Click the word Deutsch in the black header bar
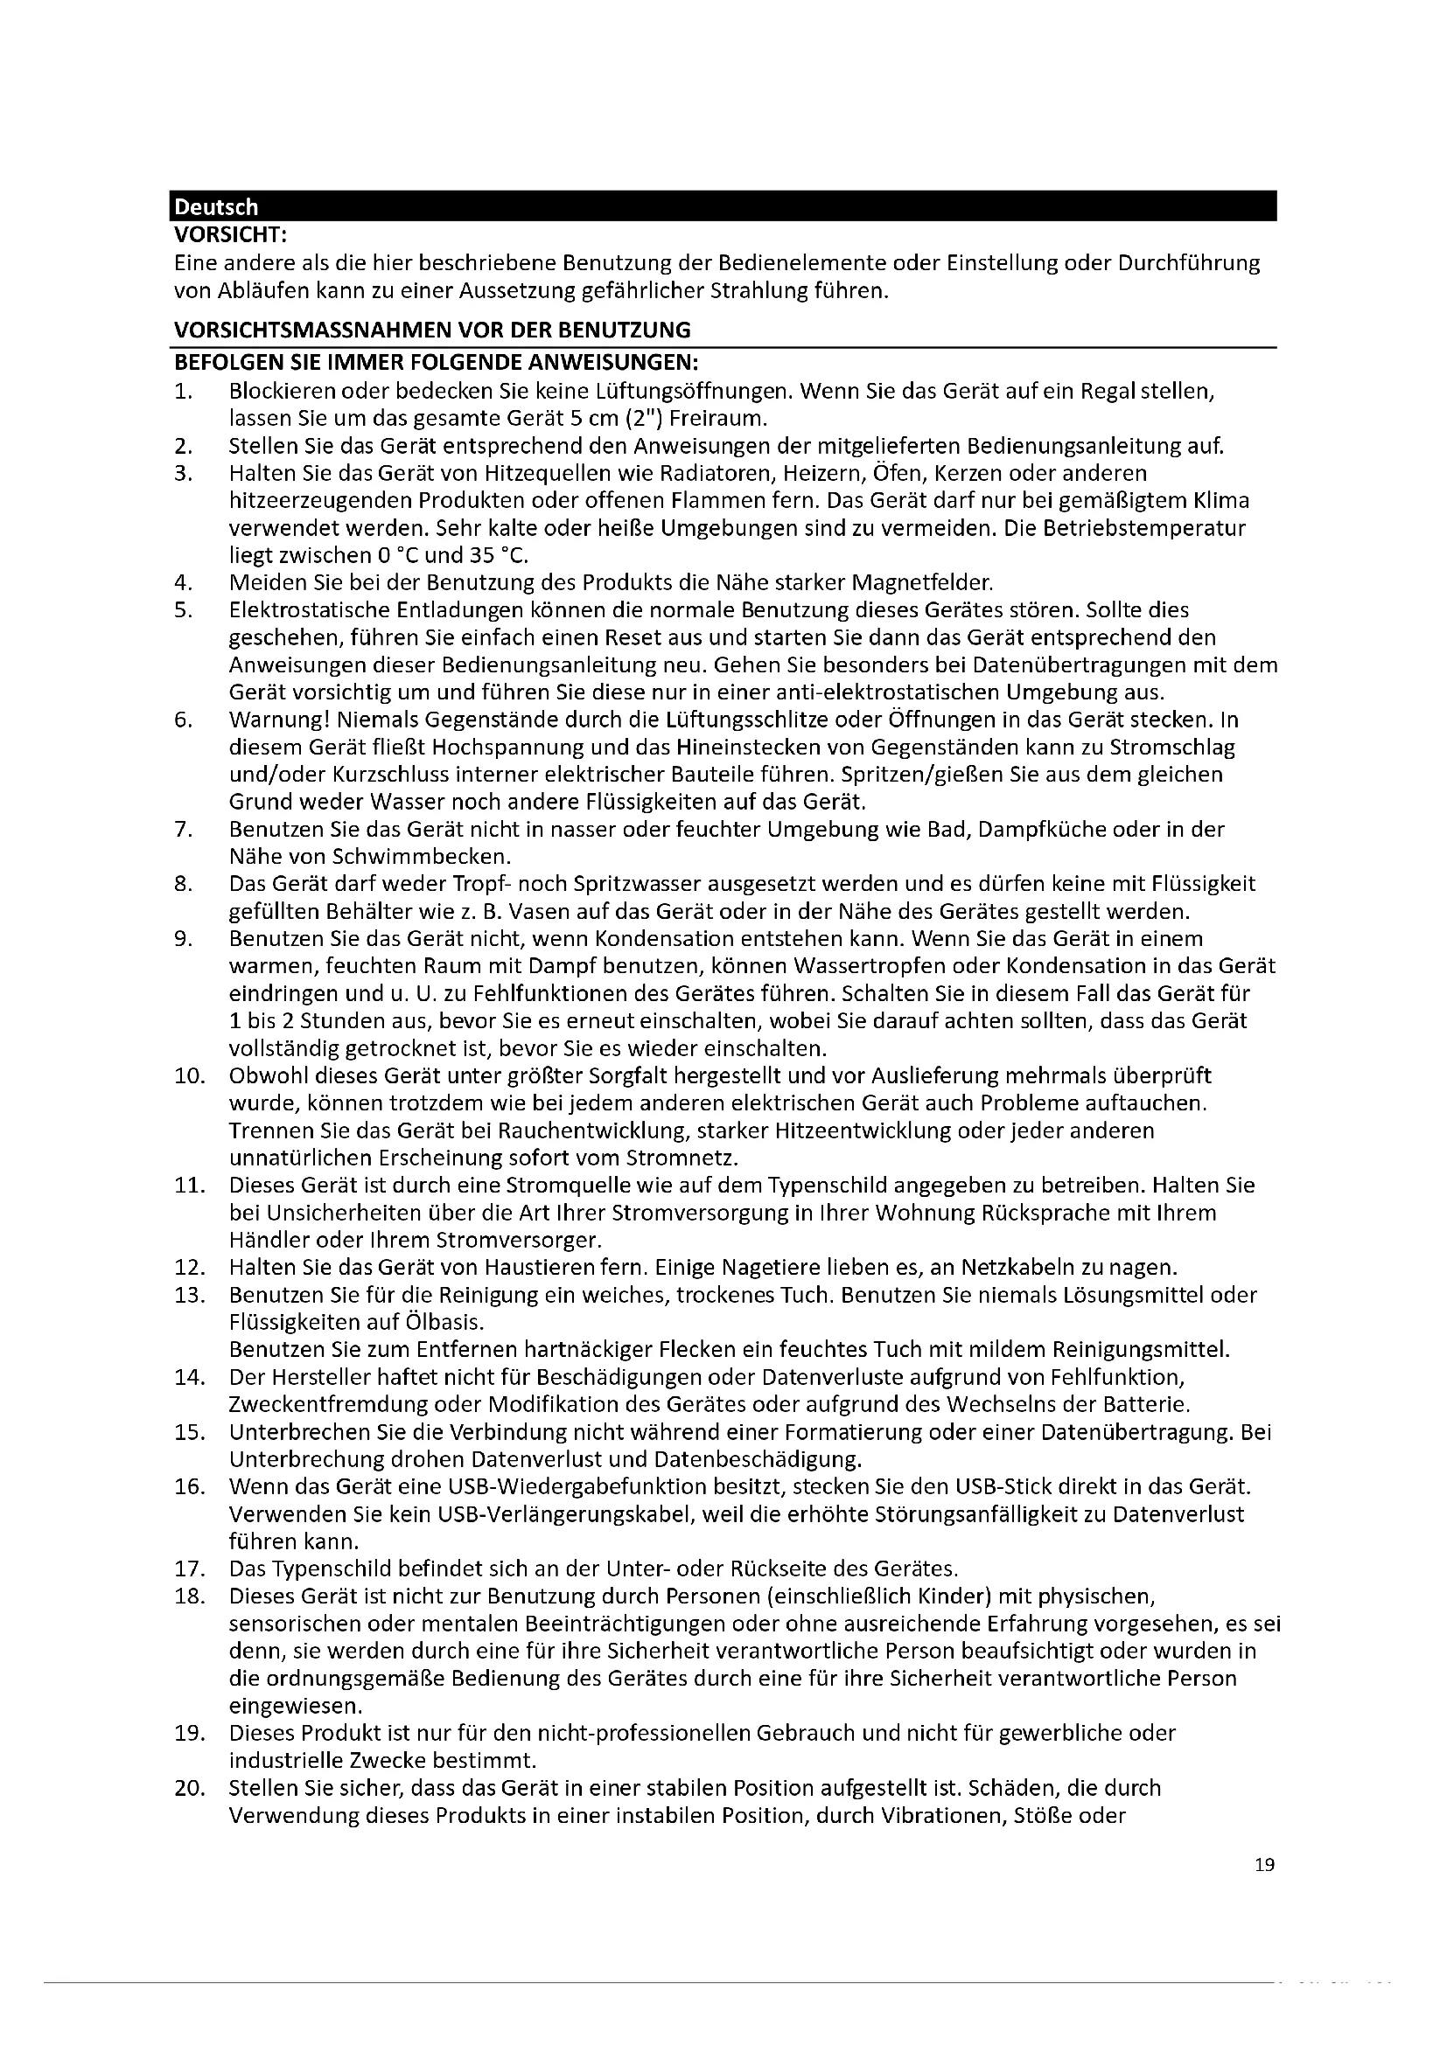click(x=215, y=206)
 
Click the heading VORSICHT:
click(x=230, y=235)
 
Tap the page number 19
click(x=1264, y=1864)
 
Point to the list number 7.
click(x=184, y=829)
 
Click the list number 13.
click(x=189, y=1294)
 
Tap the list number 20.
click(x=189, y=1788)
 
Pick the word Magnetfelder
click(x=922, y=582)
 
